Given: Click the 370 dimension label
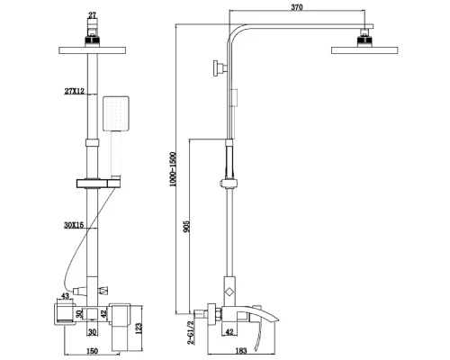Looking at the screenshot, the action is pyautogui.click(x=297, y=7).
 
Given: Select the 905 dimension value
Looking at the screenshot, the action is pyautogui.click(x=186, y=227).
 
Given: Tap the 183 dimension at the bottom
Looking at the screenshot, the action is pyautogui.click(x=241, y=350).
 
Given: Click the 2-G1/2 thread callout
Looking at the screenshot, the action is pyautogui.click(x=191, y=332).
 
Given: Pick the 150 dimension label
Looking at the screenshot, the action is pyautogui.click(x=92, y=351).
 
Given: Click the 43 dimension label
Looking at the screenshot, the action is pyautogui.click(x=65, y=296).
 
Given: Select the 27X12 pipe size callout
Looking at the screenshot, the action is pyautogui.click(x=75, y=91).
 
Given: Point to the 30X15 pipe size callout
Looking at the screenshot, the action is pyautogui.click(x=74, y=225).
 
